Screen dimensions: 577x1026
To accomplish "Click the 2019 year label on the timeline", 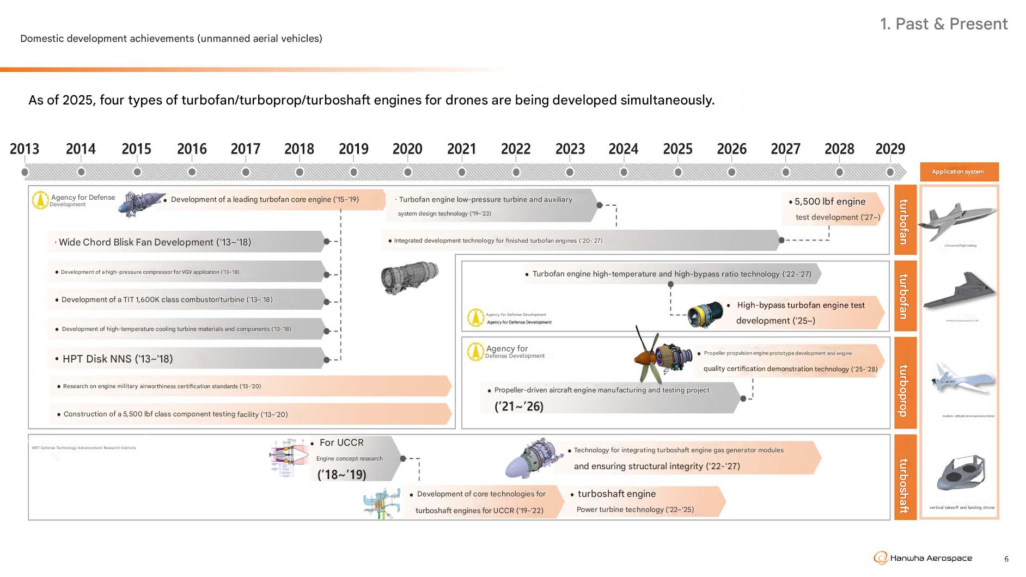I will coord(353,149).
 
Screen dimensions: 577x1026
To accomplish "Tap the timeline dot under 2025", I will coord(677,172).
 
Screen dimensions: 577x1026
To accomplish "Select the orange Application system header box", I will coord(959,171).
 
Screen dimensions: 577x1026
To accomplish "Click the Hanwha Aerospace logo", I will coord(923,558).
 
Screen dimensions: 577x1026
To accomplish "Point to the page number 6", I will coord(1006,559).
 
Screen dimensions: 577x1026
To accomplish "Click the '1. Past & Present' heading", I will coord(943,24).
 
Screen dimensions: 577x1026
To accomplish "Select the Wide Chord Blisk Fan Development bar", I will coord(185,242).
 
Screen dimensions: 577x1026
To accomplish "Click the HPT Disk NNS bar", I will coord(185,359).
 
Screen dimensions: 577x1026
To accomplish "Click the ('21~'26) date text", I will coord(518,407).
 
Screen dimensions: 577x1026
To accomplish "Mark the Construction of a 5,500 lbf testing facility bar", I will coord(251,414).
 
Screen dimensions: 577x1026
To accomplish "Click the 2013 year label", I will coord(25,149).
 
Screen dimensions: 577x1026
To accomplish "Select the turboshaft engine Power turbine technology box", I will coord(643,501).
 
